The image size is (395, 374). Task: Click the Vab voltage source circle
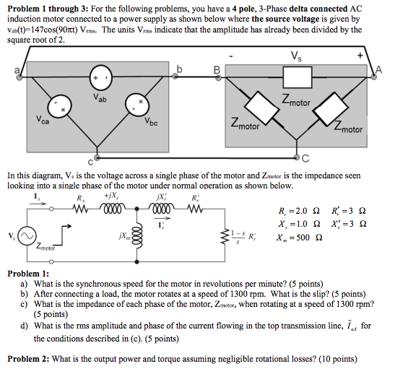pos(101,77)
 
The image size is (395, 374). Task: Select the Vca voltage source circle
pos(60,106)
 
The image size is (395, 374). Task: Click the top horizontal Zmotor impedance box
pos(298,77)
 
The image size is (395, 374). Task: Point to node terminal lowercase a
pos(19,77)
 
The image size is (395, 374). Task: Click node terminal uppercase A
pos(374,77)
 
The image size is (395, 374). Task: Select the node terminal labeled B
pos(219,78)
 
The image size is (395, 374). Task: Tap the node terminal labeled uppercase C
pos(298,157)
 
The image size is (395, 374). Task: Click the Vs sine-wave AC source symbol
pos(27,236)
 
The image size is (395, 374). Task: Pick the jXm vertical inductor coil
pos(139,237)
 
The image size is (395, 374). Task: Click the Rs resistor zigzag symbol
pos(80,209)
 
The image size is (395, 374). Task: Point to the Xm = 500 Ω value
pos(299,238)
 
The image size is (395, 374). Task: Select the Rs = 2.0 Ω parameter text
pos(299,211)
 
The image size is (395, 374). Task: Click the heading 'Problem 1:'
pos(28,274)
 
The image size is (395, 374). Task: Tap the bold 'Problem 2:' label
pos(28,359)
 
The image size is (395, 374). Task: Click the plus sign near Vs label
pos(360,56)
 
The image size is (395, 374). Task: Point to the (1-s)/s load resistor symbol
pos(228,237)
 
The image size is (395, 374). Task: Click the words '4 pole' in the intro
pos(242,9)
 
